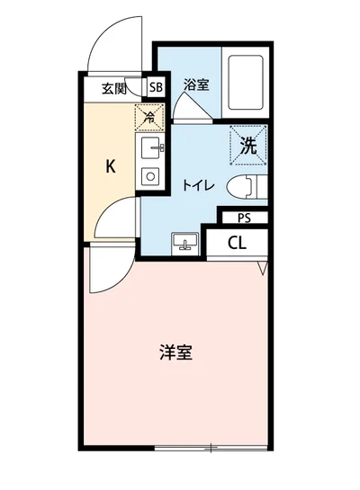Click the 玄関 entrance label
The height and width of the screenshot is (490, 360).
(x=114, y=88)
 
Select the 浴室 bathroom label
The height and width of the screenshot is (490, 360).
(x=196, y=85)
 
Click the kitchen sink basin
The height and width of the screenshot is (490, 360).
(x=149, y=146)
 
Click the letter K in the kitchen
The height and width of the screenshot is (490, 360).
(x=111, y=166)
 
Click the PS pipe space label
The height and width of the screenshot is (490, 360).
(x=244, y=218)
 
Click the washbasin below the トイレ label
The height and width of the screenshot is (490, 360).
(x=186, y=241)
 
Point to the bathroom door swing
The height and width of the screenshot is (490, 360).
(x=193, y=106)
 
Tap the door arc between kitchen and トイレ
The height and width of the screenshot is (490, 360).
(x=117, y=220)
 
